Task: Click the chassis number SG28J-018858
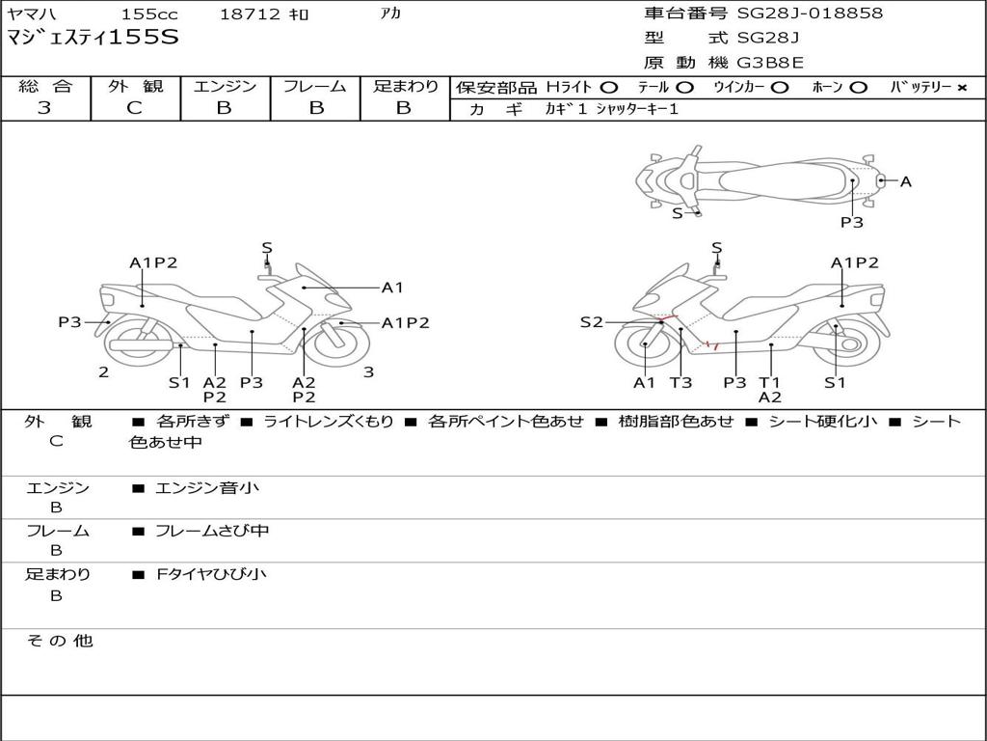coord(810,14)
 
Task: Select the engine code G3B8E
coord(770,63)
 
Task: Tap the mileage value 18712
coord(250,14)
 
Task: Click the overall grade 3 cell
coord(44,108)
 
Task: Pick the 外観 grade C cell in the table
coord(134,108)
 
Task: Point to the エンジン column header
coord(225,86)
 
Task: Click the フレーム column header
coord(314,86)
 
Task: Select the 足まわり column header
coord(406,86)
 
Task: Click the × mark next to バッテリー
coord(961,88)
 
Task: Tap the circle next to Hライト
coord(609,88)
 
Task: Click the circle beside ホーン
coord(858,88)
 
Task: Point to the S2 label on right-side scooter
coord(591,322)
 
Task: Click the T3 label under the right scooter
coord(680,382)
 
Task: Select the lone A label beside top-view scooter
coord(905,181)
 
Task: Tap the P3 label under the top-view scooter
coord(851,222)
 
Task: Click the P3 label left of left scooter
coord(69,322)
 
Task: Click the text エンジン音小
coord(206,488)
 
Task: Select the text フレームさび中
coord(212,531)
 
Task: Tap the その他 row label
coord(59,641)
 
